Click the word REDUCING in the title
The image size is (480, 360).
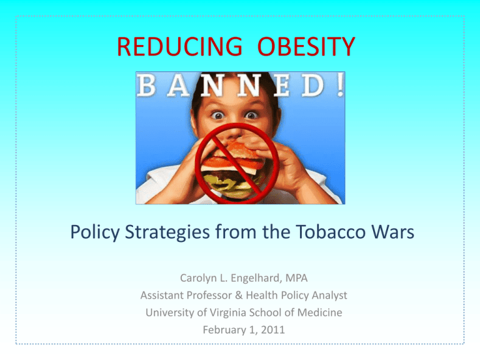click(x=180, y=46)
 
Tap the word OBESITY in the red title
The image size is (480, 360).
click(x=306, y=46)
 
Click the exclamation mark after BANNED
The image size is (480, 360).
click(x=339, y=86)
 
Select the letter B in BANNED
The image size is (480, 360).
click(x=146, y=86)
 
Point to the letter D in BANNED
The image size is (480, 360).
click(x=313, y=86)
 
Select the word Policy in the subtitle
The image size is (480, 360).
click(x=95, y=232)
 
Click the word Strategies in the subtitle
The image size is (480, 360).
click(x=167, y=232)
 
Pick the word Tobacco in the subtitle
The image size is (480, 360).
click(x=331, y=231)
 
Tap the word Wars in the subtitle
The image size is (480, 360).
click(x=392, y=231)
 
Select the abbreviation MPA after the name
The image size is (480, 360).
click(x=296, y=278)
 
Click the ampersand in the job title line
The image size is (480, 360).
click(x=239, y=296)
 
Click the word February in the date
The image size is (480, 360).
click(x=223, y=330)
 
